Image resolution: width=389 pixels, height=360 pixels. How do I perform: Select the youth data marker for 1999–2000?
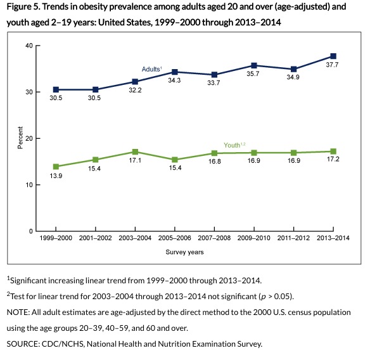pos(56,167)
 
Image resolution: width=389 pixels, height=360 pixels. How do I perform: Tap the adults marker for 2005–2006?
pos(175,72)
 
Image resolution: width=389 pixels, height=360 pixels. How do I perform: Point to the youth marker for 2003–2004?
pos(136,152)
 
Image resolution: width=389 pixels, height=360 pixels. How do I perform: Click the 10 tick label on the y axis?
pos(29,185)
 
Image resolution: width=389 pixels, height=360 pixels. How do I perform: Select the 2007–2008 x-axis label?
pos(214,238)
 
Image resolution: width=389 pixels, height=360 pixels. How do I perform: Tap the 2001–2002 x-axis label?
pos(96,238)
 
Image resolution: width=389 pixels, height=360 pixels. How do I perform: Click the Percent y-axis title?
pos(20,138)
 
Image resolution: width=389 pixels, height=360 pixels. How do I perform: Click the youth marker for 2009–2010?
pos(253,153)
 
